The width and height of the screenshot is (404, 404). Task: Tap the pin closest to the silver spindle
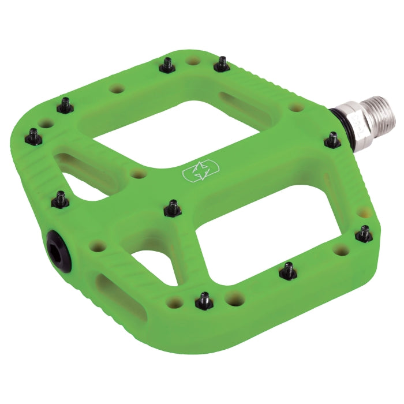click(332, 139)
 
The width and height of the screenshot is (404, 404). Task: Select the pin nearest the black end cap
click(60, 198)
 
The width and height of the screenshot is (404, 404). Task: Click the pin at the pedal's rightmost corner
click(364, 233)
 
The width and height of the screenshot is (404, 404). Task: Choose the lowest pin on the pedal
click(204, 300)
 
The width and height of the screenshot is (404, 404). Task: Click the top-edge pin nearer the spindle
click(221, 63)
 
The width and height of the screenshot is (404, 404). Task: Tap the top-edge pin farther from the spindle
click(167, 65)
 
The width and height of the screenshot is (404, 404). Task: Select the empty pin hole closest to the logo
click(137, 174)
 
